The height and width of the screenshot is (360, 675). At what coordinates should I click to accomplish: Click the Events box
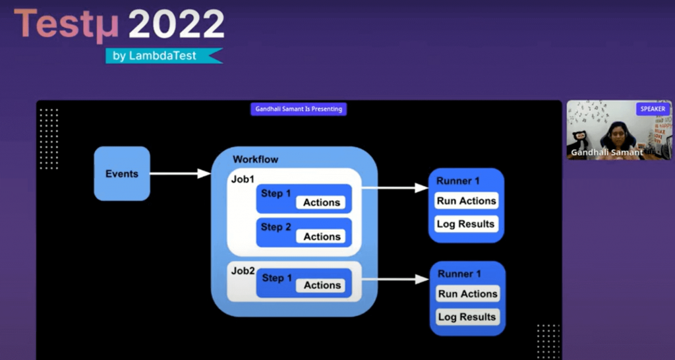122,174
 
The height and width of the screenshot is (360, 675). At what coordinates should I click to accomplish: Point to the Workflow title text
255,160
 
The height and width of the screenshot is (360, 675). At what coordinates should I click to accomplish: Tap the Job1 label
243,179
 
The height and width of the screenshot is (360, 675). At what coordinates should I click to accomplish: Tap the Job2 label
243,271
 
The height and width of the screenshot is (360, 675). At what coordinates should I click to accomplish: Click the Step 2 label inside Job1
276,227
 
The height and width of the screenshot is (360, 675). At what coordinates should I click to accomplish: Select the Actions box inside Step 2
322,237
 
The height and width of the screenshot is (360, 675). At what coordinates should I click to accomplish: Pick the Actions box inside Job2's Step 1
322,285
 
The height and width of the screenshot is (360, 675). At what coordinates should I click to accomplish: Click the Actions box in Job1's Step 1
322,202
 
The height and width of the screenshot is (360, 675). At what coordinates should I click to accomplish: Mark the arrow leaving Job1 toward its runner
395,188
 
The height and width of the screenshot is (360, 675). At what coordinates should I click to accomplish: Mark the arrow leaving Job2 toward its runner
395,280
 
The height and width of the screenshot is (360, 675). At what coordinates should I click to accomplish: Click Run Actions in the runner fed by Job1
466,201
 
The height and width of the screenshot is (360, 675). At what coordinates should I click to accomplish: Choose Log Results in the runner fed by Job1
465,224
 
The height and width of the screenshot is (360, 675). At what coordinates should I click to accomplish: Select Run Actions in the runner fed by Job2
467,294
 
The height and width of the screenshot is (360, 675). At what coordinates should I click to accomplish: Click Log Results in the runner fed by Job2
467,317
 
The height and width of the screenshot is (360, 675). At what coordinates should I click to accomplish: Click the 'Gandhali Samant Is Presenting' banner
299,109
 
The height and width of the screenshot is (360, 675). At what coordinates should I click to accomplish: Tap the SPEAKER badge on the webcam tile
653,109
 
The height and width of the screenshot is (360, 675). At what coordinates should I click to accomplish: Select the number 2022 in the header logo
176,24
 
